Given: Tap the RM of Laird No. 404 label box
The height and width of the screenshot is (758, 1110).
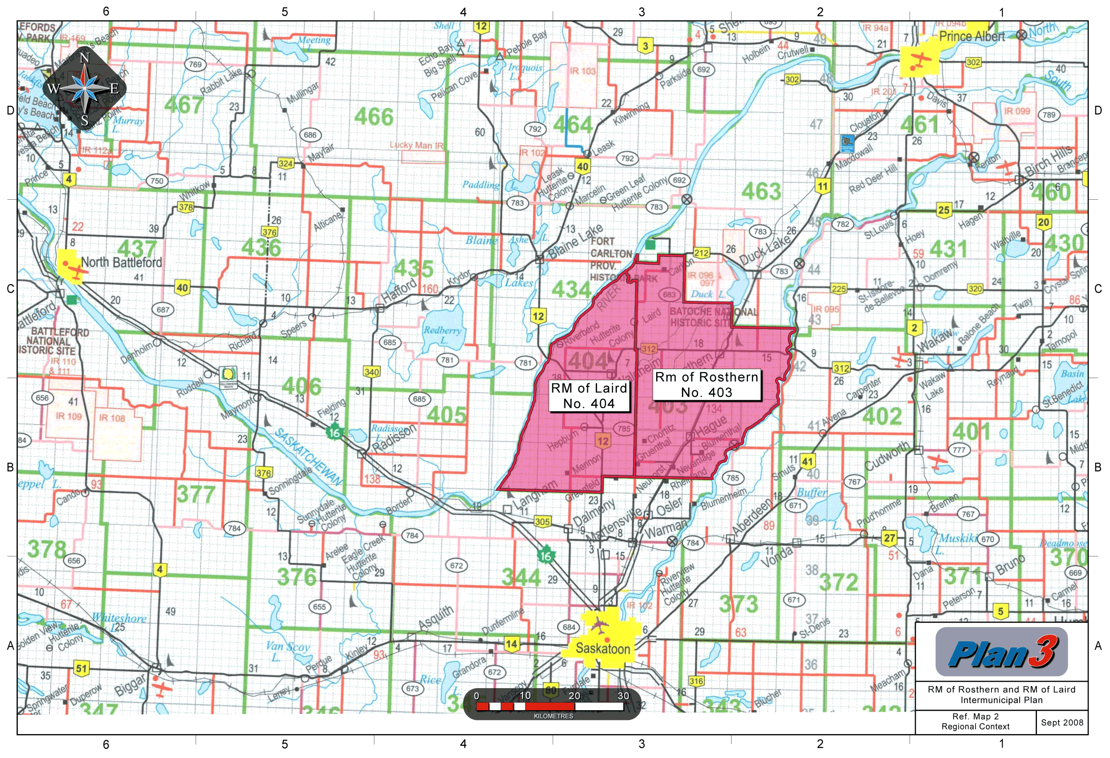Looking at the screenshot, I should click(588, 396).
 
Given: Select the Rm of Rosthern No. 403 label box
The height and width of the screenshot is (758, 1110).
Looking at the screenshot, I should click(706, 385).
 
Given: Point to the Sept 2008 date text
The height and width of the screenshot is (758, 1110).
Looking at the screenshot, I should click(1062, 722).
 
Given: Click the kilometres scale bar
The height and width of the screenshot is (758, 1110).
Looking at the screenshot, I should click(552, 705).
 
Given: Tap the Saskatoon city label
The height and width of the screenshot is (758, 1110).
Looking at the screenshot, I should click(603, 649).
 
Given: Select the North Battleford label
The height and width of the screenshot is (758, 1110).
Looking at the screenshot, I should click(121, 263).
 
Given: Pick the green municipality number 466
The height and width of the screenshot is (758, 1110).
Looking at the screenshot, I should click(373, 117).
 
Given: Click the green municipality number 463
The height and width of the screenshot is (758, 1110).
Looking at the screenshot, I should click(762, 192).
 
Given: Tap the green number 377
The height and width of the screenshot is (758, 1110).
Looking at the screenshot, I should click(196, 494).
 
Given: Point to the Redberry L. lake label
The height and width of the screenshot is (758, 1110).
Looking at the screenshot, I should click(442, 335).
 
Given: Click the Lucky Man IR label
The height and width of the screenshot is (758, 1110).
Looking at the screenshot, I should click(416, 145).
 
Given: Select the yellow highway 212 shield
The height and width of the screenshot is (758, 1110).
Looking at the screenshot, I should click(701, 253).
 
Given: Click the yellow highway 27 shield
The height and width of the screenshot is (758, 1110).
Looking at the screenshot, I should click(889, 538).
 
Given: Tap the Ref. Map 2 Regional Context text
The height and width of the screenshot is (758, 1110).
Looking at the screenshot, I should click(975, 722).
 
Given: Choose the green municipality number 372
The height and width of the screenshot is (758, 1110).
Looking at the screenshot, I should click(839, 582).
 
